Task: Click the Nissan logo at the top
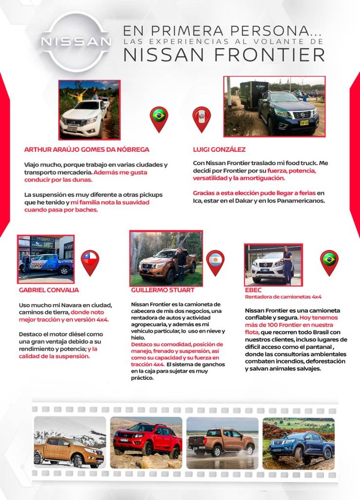point(76,41)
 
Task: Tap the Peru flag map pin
point(201,117)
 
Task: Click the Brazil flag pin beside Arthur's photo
point(159,117)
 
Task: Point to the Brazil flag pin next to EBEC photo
point(329,261)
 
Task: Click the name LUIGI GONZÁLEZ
point(219,149)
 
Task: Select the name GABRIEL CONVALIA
point(49,290)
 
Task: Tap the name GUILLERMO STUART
point(162,290)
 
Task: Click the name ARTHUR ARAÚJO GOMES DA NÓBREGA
point(87,149)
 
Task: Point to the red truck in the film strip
point(146,441)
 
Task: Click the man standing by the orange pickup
point(181,263)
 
